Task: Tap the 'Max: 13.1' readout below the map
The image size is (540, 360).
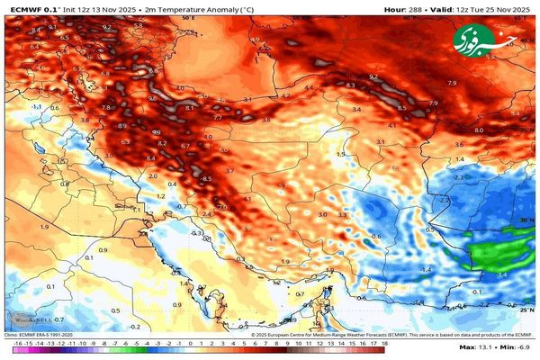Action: pyautogui.click(x=475, y=347)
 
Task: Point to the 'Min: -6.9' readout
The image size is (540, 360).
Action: pyautogui.click(x=517, y=347)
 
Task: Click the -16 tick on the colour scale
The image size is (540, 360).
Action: pyautogui.click(x=17, y=344)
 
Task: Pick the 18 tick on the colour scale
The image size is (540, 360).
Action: pyautogui.click(x=384, y=344)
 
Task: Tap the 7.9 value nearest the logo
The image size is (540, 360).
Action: pyautogui.click(x=452, y=84)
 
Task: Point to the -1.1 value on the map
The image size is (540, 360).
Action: pyautogui.click(x=37, y=106)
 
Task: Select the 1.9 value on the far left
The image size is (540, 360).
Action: pyautogui.click(x=43, y=227)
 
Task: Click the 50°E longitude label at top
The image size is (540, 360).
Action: pyautogui.click(x=187, y=17)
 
